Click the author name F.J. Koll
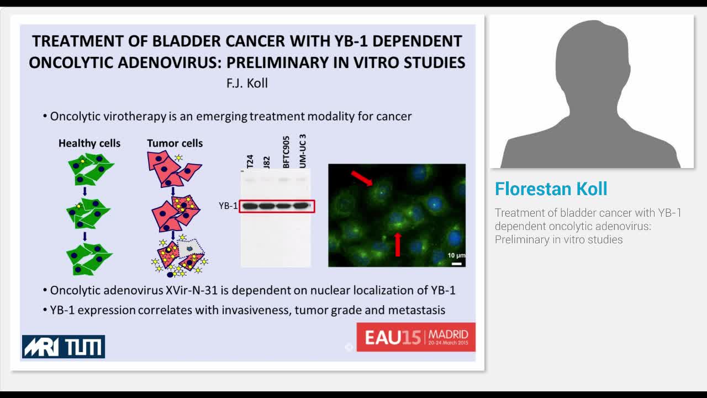[x=247, y=83]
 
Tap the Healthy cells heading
[x=89, y=143]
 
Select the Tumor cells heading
[x=175, y=143]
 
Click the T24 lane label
[x=250, y=161]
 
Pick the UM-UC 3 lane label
[x=302, y=151]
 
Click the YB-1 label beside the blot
[x=228, y=206]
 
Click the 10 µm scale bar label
[x=456, y=255]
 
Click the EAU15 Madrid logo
[x=416, y=337]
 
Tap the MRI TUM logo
[x=64, y=347]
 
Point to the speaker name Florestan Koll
[x=551, y=189]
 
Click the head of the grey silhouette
[x=590, y=61]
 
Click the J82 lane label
[x=266, y=162]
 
